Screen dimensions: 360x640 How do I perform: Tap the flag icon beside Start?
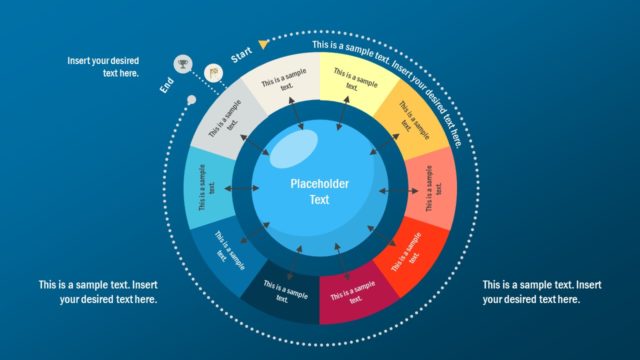212,73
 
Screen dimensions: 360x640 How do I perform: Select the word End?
168,87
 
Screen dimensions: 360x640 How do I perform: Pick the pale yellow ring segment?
347,80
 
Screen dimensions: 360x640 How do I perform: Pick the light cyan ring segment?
205,188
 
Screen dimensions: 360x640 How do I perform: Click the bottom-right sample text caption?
542,292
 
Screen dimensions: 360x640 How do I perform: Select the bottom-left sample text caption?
98,292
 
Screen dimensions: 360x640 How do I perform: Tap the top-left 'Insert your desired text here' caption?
103,67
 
